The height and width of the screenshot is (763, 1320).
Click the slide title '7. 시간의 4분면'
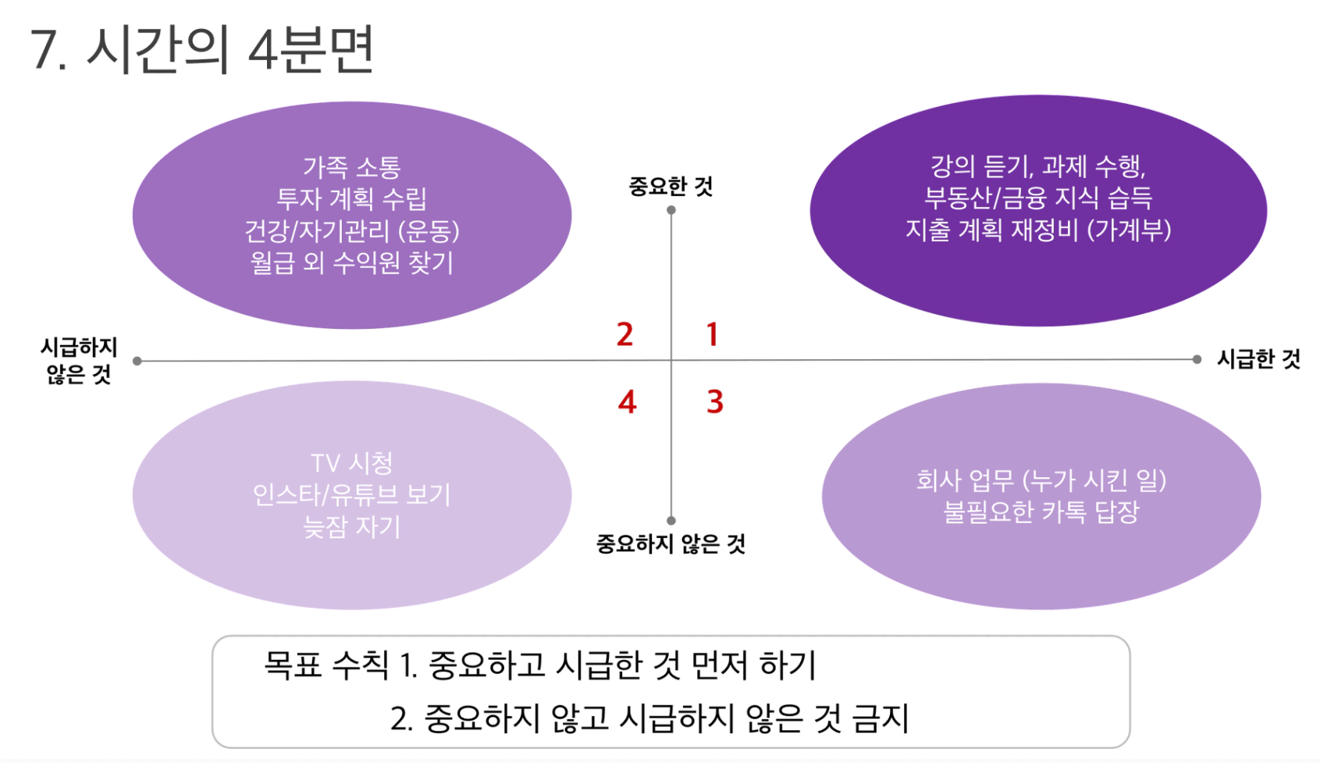point(202,49)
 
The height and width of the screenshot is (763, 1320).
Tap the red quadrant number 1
point(713,334)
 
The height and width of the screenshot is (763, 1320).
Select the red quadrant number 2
point(624,334)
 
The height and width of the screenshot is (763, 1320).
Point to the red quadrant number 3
point(715,401)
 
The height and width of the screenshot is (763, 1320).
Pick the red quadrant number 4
point(627,402)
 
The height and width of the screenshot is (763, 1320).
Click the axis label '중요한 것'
point(671,187)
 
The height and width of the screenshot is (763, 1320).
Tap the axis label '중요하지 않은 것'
point(671,544)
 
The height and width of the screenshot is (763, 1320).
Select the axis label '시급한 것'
point(1258,358)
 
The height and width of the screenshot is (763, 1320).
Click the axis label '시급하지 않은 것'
point(78,360)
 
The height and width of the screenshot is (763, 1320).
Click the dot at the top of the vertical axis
point(671,210)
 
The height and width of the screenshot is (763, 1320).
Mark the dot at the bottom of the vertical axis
point(671,521)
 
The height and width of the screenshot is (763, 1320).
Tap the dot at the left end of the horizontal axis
point(137,361)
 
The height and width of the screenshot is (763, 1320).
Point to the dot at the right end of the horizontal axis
point(1197,359)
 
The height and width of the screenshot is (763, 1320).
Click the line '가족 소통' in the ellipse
point(352,167)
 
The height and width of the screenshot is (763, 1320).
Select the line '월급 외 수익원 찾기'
point(352,262)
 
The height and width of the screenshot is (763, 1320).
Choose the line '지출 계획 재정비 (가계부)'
point(1038,230)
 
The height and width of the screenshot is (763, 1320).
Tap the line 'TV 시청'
point(352,463)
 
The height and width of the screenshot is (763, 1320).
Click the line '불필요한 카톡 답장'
point(1041,512)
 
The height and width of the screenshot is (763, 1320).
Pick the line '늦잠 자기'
point(352,526)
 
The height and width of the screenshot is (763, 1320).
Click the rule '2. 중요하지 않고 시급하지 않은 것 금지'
point(649,719)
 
